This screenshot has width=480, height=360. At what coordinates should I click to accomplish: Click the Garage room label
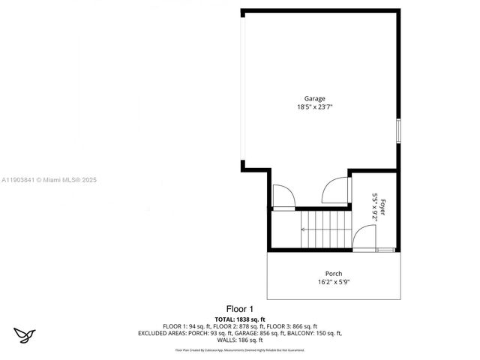(314, 99)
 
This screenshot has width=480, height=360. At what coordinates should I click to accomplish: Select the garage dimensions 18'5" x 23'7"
(314, 107)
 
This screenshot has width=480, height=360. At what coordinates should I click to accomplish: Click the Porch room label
(334, 274)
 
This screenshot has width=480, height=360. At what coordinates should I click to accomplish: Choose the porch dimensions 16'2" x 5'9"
(334, 282)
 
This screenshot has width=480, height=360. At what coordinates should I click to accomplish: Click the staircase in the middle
(323, 229)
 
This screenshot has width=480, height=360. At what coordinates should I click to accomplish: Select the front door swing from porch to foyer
(364, 238)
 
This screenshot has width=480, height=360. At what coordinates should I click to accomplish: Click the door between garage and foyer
(336, 190)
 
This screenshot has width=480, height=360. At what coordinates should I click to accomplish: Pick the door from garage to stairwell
(283, 196)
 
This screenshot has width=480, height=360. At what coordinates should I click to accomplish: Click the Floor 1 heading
(240, 309)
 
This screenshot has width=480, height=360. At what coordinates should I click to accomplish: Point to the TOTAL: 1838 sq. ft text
(240, 319)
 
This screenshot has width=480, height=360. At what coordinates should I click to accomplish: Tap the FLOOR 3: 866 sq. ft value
(292, 326)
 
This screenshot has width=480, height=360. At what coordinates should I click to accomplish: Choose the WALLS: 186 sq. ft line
(240, 340)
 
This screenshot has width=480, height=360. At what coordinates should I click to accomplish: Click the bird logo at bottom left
(25, 334)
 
